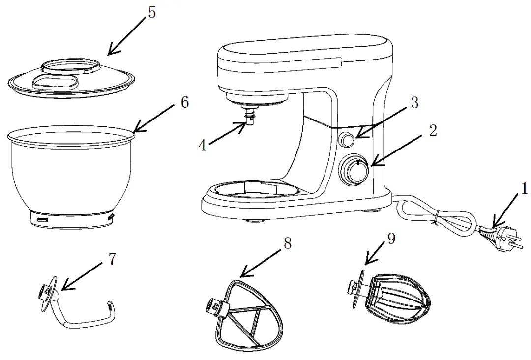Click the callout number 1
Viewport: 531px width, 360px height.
(x=524, y=188)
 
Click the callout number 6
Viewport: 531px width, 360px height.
(x=184, y=102)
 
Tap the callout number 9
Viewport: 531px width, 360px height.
(x=391, y=239)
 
